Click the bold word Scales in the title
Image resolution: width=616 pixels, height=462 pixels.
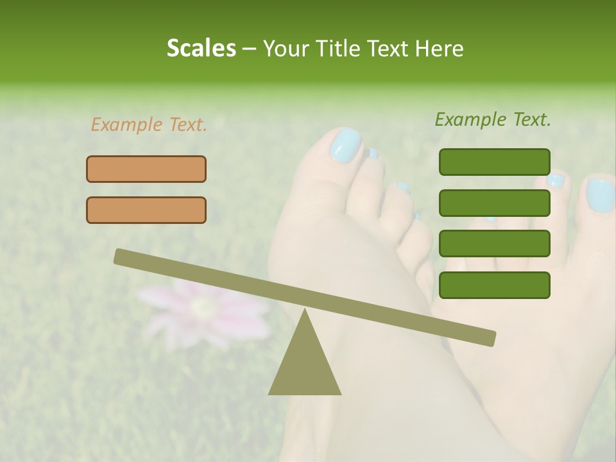click(201, 48)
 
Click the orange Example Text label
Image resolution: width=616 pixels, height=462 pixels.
click(149, 124)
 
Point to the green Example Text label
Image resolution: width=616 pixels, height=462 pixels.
click(493, 119)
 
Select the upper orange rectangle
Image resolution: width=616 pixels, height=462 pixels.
click(146, 169)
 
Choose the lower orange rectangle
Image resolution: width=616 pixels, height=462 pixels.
click(146, 210)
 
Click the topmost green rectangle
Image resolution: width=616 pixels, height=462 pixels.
click(494, 162)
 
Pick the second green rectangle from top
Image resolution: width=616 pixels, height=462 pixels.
click(494, 203)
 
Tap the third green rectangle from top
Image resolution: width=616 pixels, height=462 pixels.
click(494, 243)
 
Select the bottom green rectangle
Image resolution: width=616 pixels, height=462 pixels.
click(494, 285)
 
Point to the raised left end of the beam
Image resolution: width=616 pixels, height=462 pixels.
click(122, 257)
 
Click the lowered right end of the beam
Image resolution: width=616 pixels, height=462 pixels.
click(488, 338)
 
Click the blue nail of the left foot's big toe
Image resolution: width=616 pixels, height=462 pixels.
click(346, 145)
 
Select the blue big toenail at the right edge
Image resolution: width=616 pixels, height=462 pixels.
click(601, 195)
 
